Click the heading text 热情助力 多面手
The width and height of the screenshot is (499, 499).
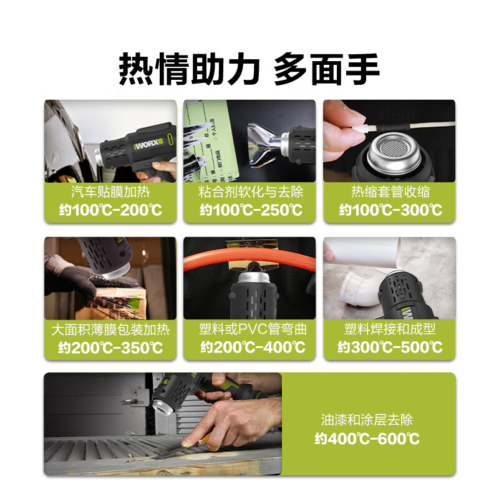[249, 68]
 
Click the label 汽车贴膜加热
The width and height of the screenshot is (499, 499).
[110, 191]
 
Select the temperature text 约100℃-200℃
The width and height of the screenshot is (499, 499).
[110, 210]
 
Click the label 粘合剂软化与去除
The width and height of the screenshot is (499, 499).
[249, 191]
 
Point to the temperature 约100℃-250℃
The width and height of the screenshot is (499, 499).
[249, 210]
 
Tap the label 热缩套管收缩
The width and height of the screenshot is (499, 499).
[390, 191]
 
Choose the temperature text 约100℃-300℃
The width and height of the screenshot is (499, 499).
[390, 210]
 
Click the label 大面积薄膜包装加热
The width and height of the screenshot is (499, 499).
[110, 329]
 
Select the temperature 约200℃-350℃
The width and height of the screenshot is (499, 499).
[110, 347]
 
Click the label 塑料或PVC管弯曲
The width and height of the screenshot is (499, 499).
[249, 329]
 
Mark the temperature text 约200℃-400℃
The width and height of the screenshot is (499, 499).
[249, 347]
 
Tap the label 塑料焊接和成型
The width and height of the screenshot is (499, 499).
[390, 329]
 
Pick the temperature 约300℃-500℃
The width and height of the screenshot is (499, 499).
[390, 347]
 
